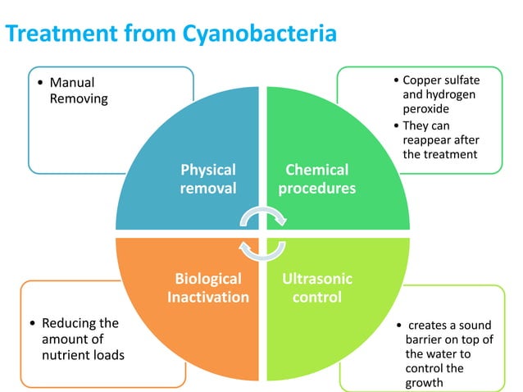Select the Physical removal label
(208, 179)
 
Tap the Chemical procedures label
(316, 179)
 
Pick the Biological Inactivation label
(208, 288)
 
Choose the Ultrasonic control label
(317, 288)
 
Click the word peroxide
(426, 108)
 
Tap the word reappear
(429, 139)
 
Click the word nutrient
(69, 355)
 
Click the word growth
(425, 383)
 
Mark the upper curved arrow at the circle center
(262, 216)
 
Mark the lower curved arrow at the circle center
(261, 249)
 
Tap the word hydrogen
(449, 94)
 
